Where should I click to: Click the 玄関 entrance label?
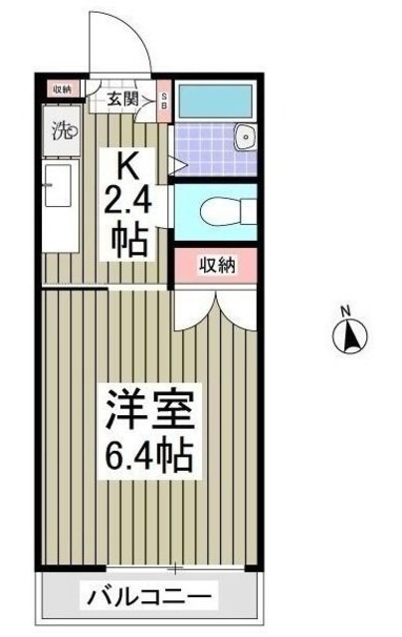[124, 97]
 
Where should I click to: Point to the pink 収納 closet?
[216, 265]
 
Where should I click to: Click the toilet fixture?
[219, 209]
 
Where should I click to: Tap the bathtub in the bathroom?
[215, 102]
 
